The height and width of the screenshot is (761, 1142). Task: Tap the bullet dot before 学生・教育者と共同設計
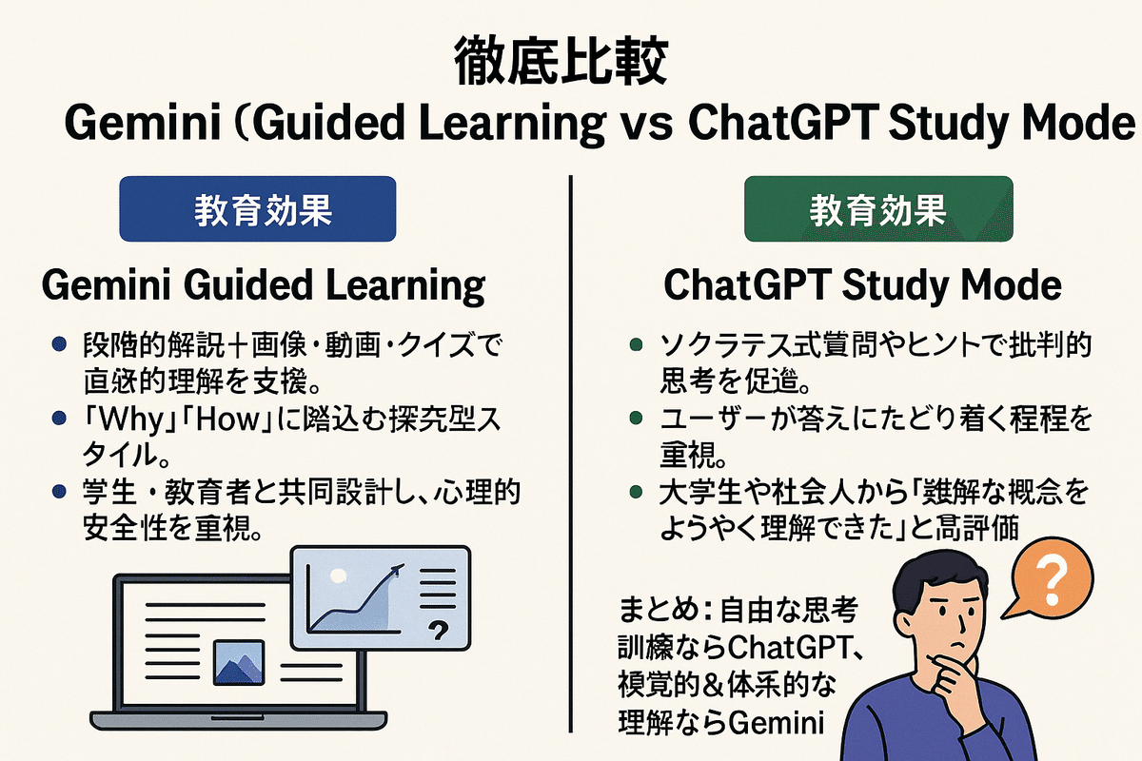coord(60,493)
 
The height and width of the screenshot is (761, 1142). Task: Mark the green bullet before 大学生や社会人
coord(635,493)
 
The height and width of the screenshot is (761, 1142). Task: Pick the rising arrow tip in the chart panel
coord(398,568)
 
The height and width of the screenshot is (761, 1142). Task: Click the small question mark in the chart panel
coord(439,629)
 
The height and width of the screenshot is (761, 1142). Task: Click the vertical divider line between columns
coord(571,476)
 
